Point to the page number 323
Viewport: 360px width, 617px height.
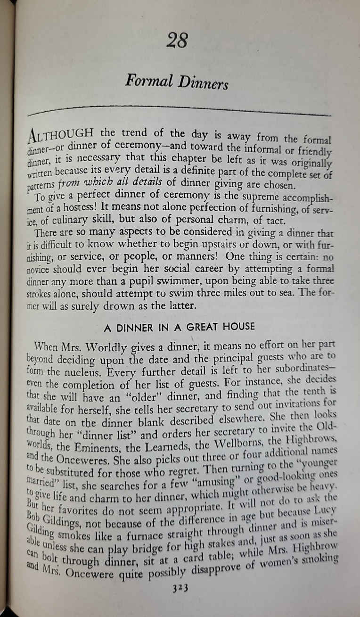pyautogui.click(x=180, y=601)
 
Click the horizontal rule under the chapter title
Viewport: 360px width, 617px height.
pyautogui.click(x=179, y=111)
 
